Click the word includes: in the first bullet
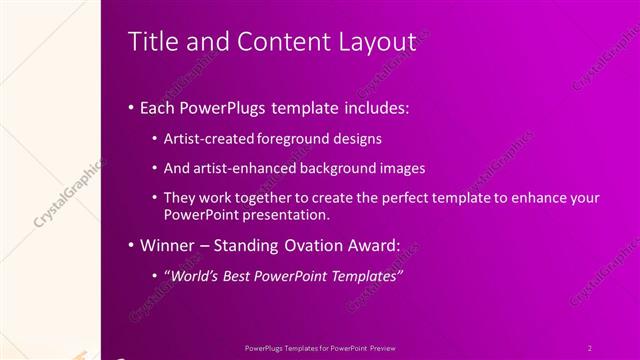(373, 107)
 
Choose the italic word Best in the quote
(244, 276)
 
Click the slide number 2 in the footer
(590, 347)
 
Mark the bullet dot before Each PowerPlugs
(133, 108)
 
